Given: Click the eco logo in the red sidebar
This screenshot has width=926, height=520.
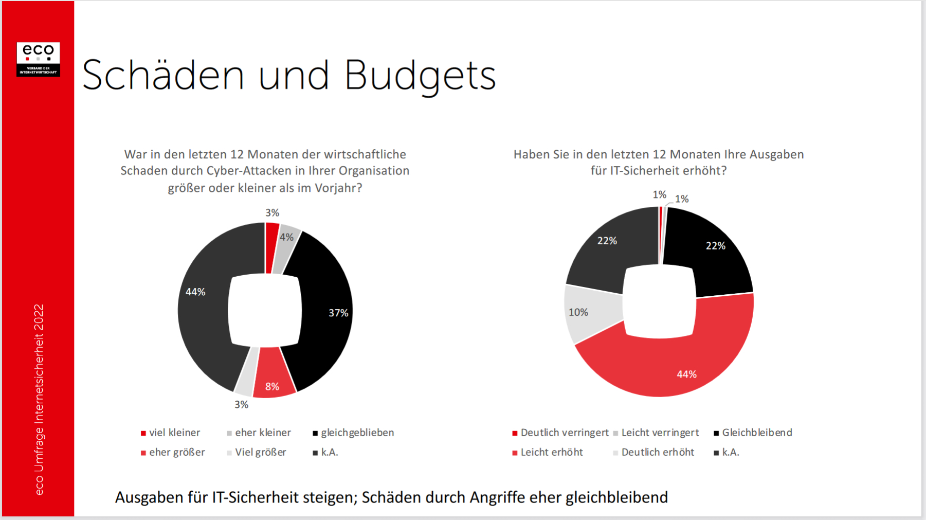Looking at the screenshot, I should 38,59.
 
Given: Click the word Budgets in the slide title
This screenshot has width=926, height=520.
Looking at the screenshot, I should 420,76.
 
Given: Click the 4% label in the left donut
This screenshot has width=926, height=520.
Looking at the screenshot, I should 286,237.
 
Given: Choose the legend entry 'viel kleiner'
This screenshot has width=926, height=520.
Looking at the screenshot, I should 174,433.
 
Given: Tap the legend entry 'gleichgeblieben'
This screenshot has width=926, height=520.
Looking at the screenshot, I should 357,433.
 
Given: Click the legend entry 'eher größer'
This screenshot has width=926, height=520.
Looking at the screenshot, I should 177,452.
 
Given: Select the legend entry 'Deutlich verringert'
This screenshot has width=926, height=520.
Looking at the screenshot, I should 564,433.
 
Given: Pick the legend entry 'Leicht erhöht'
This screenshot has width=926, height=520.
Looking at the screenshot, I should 552,452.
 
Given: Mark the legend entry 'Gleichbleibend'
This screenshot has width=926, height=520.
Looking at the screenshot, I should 757,433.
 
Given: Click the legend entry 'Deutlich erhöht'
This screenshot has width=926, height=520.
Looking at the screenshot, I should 658,452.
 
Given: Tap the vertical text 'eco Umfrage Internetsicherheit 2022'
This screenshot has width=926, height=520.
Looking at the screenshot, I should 39,400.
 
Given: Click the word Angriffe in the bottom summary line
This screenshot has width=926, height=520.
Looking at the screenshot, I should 497,497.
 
